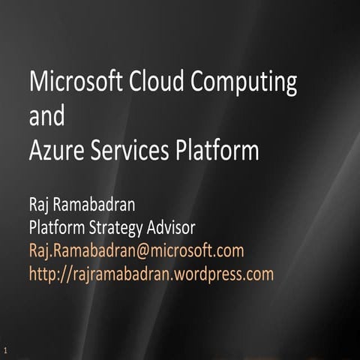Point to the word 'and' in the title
click(x=46, y=117)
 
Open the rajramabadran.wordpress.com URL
click(x=151, y=274)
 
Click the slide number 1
click(x=6, y=350)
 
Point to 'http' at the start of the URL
click(x=41, y=274)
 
